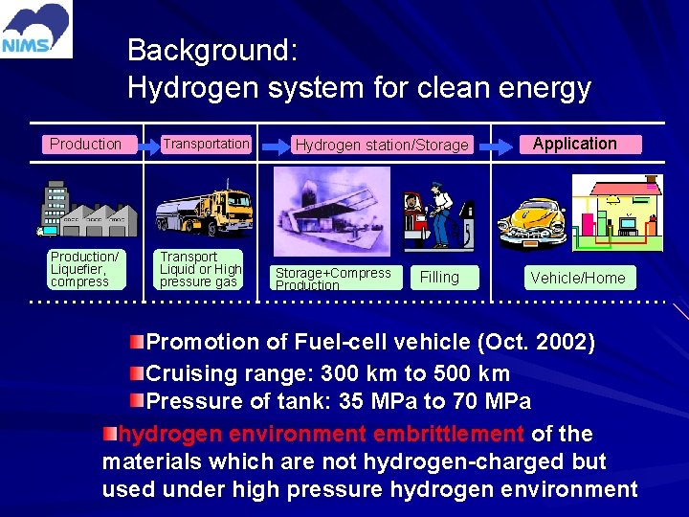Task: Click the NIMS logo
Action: (36, 29)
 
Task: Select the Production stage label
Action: (85, 145)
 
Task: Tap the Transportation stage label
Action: (205, 144)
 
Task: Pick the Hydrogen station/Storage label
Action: (382, 146)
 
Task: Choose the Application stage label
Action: (574, 144)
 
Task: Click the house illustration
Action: (617, 211)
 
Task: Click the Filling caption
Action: (439, 278)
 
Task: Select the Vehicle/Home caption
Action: (578, 279)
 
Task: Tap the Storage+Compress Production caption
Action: (332, 279)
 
